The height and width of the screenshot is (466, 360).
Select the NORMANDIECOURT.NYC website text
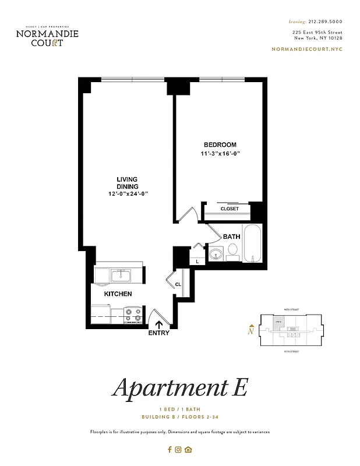coord(307,49)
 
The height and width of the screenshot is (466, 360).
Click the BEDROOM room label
coord(220,145)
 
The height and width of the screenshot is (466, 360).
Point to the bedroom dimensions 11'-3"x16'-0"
coord(220,154)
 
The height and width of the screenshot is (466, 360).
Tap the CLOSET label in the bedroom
coord(230,209)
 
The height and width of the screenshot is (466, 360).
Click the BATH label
coord(232,236)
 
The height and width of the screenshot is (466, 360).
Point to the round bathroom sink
coord(216,253)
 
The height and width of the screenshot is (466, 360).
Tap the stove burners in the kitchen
coord(134,315)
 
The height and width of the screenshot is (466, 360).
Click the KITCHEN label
coord(118,294)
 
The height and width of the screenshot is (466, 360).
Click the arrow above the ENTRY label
coord(159,323)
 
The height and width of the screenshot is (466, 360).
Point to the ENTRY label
coord(159,333)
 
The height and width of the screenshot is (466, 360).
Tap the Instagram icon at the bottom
coord(179,449)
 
